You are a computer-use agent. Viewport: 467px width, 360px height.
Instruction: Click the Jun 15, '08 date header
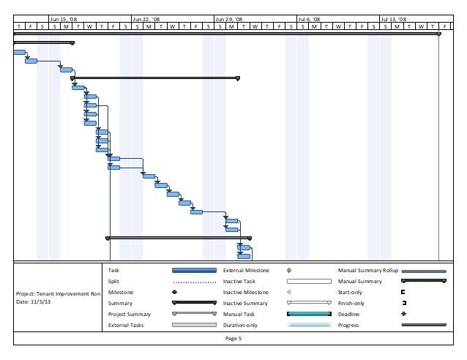[64, 19]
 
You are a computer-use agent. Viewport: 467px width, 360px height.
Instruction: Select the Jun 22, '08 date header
[146, 19]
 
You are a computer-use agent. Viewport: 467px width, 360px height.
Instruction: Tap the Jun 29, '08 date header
[229, 19]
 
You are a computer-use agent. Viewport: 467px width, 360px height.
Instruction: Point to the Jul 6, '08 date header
[311, 19]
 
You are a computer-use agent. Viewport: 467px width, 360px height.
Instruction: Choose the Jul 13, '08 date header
[394, 19]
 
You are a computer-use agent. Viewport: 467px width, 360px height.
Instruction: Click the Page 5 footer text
[233, 339]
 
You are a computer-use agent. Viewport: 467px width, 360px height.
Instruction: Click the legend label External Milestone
[246, 271]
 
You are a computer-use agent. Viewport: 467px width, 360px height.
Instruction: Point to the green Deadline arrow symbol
[403, 314]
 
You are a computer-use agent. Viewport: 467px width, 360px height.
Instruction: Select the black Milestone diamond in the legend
[175, 292]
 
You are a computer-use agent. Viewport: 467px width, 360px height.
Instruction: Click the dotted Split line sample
[194, 282]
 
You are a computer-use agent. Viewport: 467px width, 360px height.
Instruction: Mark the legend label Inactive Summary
[244, 303]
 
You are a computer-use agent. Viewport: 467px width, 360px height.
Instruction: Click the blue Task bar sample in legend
[194, 271]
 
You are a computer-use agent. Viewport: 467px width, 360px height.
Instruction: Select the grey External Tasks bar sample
[194, 325]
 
